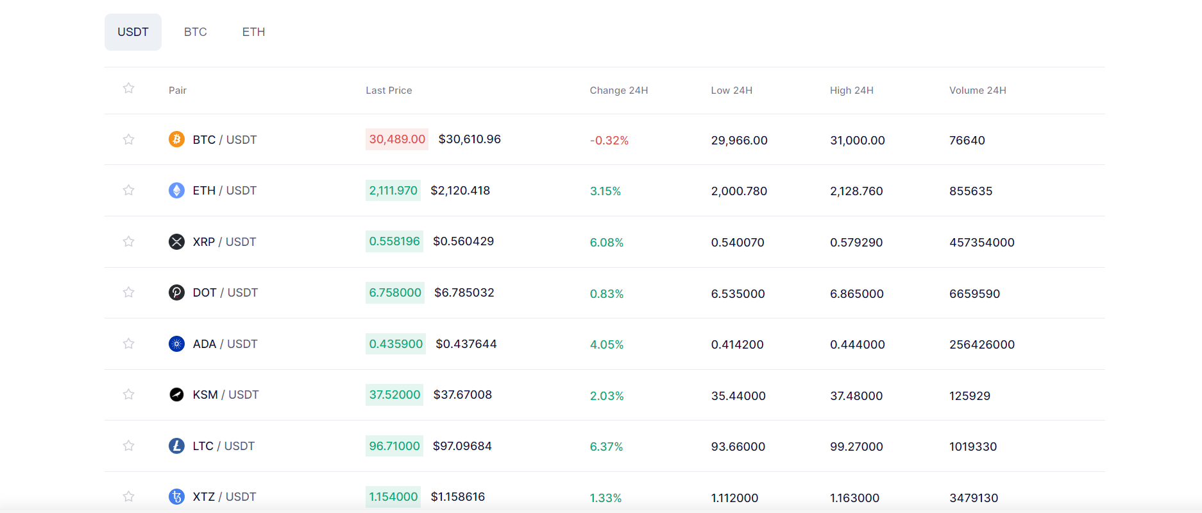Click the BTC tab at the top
tap(195, 32)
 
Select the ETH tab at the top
tap(253, 32)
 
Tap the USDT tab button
tap(133, 32)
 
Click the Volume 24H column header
tap(978, 91)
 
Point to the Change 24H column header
tap(618, 91)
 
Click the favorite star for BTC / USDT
tap(129, 139)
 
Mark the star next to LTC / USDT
tap(129, 446)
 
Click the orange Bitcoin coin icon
tap(176, 139)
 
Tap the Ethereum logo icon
tap(176, 190)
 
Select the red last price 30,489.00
tap(397, 139)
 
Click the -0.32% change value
tap(609, 141)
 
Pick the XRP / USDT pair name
tap(224, 242)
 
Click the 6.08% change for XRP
tap(606, 243)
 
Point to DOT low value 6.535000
tap(738, 294)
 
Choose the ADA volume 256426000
tap(981, 345)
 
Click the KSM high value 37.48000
tap(856, 396)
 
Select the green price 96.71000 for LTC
tap(394, 446)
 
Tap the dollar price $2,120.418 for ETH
tap(460, 191)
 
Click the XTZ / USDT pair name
tap(224, 497)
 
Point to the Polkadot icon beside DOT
tap(176, 293)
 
